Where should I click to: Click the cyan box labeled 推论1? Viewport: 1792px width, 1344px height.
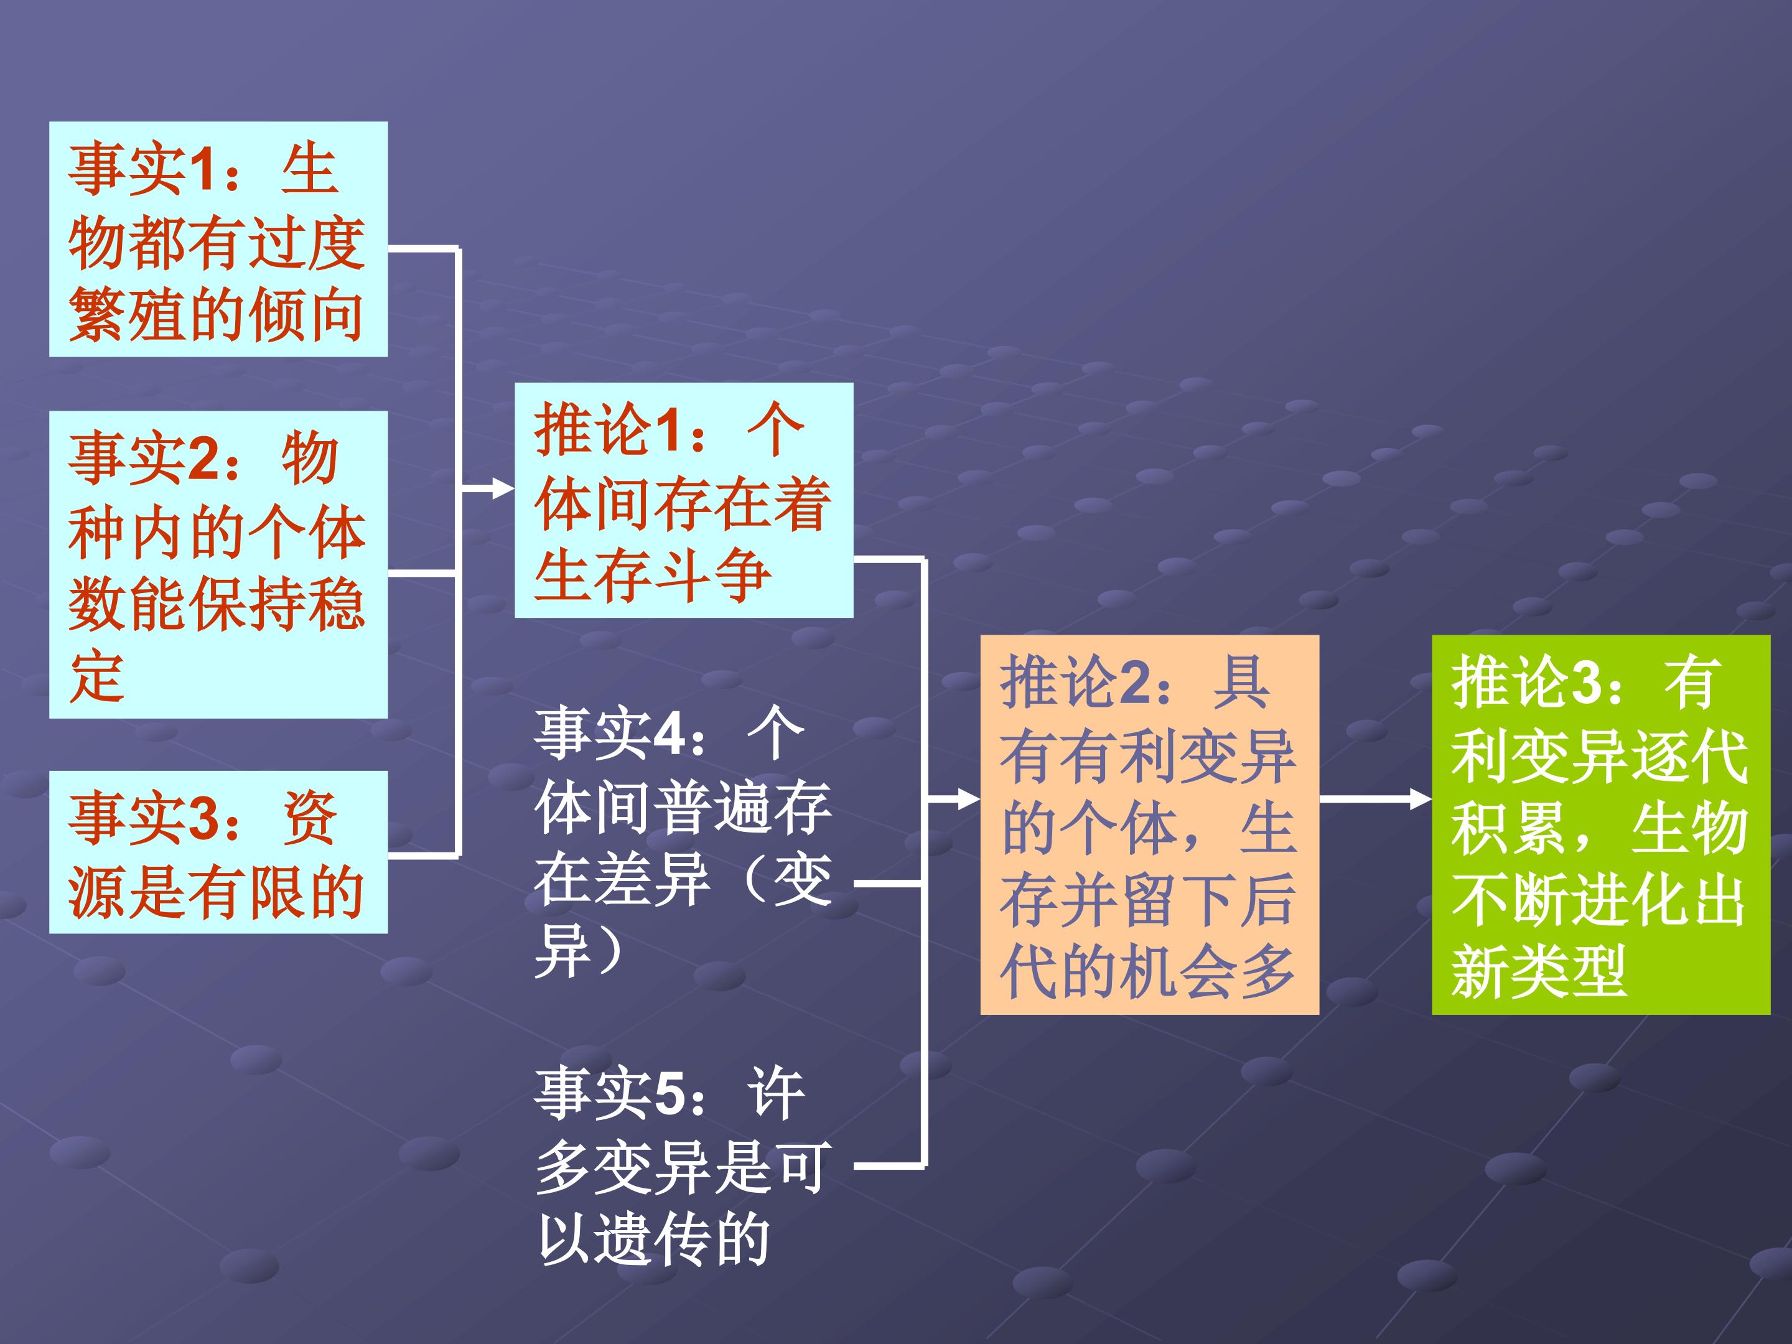684,500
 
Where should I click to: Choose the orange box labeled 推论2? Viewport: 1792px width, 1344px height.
1150,824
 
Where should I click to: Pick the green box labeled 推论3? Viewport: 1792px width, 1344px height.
1601,824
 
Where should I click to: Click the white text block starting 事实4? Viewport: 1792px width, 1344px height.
683,842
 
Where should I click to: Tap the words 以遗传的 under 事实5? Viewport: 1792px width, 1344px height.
653,1239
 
